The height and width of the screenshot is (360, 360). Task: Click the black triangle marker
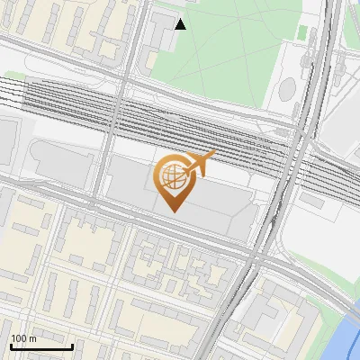[x=181, y=24]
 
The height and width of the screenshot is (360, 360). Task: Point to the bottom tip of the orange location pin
[x=174, y=211]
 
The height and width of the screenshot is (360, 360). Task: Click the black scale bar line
[x=41, y=346]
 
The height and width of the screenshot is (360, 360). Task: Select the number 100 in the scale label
[x=20, y=338]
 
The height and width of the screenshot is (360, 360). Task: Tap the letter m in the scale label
[x=32, y=338]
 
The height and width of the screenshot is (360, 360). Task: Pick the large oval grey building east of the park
[x=287, y=88]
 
